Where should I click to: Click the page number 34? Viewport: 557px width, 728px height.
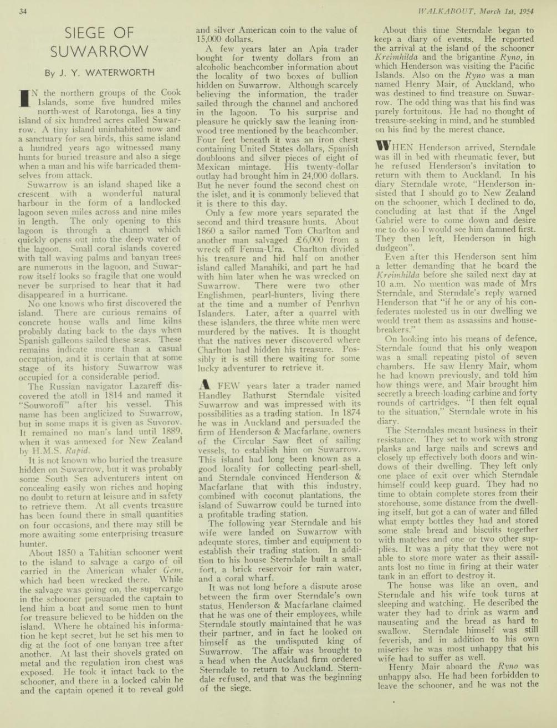point(23,12)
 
